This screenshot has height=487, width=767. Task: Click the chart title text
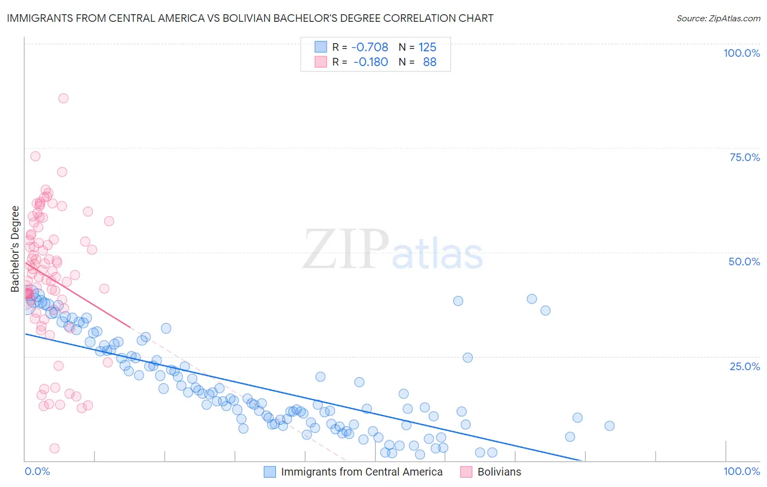tap(250, 18)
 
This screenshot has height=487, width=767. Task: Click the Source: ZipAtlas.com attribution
tap(718, 18)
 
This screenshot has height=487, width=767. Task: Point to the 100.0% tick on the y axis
tap(741, 53)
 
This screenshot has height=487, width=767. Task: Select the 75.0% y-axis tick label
tap(745, 157)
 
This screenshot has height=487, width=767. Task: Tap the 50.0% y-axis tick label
tap(744, 262)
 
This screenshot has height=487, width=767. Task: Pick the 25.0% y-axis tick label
tap(745, 366)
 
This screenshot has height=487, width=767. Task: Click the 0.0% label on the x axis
tap(37, 471)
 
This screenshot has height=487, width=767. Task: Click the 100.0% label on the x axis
tap(741, 471)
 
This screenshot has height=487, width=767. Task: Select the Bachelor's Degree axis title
tap(15, 249)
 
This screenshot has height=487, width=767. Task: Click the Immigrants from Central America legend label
tap(362, 472)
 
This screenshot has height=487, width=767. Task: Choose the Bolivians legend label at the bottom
tap(499, 472)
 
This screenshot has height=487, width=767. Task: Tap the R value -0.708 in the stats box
tap(369, 47)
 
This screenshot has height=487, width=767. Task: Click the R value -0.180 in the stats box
tap(370, 62)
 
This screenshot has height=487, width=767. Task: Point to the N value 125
tap(427, 47)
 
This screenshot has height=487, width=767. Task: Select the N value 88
tap(429, 62)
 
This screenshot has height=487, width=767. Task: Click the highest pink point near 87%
tap(63, 98)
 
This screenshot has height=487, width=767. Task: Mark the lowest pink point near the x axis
tap(55, 448)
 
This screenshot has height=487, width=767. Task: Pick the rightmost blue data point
tap(609, 426)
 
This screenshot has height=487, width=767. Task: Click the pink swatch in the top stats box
tap(321, 62)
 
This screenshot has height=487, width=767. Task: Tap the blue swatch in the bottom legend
tap(269, 472)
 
